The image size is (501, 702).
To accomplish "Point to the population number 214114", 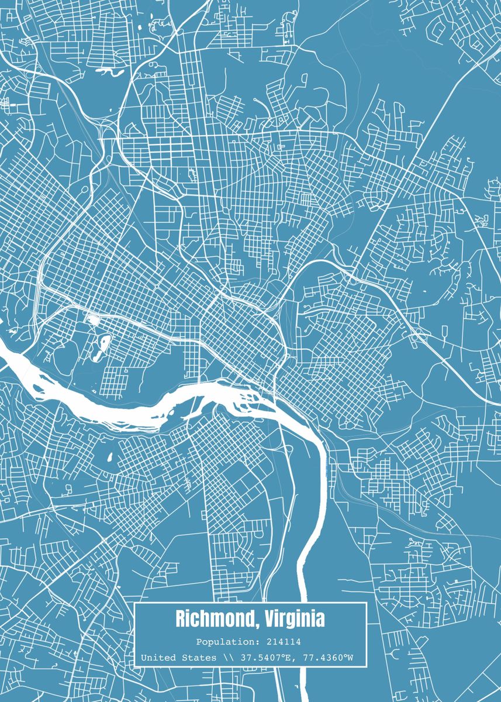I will pos(282,642).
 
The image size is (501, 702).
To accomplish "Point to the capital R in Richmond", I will pos(181,619).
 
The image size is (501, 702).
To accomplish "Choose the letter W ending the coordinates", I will pos(350,658).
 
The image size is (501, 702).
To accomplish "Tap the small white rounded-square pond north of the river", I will pos(92,319).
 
